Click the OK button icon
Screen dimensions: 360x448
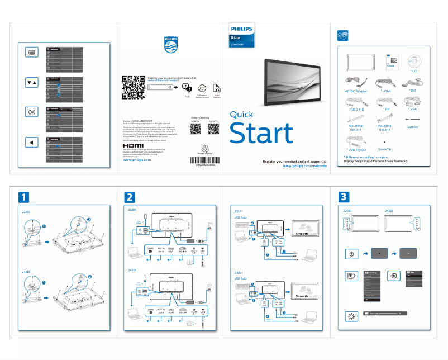click(x=31, y=112)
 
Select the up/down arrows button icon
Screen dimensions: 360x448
click(x=31, y=82)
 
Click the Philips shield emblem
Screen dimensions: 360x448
click(x=171, y=45)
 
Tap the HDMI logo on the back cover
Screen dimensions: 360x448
click(x=133, y=145)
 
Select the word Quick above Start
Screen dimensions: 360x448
click(x=241, y=115)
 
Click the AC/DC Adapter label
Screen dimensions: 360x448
click(x=356, y=90)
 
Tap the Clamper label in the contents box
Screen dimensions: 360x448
click(x=412, y=127)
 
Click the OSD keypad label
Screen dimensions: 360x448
click(x=356, y=150)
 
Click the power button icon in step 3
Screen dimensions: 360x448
click(x=351, y=254)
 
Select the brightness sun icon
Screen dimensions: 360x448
click(x=351, y=316)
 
